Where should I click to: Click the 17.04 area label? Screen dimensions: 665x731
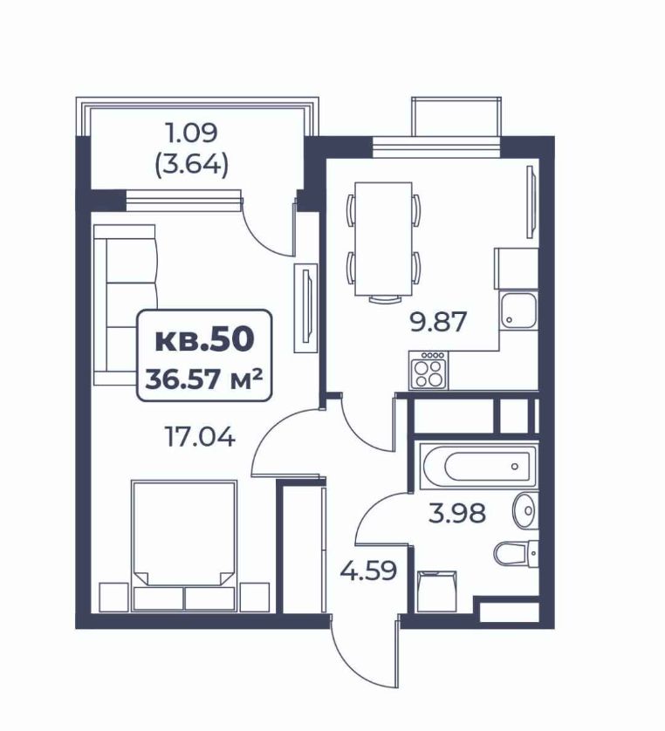tap(201, 437)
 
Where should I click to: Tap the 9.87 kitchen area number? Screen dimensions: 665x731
tap(438, 322)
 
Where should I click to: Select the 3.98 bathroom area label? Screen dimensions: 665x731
tap(457, 513)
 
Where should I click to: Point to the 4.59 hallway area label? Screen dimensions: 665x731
tap(368, 570)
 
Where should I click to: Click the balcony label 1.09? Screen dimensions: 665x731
tap(192, 133)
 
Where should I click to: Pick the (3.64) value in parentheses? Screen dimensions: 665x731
tap(192, 164)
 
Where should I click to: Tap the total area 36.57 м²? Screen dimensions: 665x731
tap(204, 379)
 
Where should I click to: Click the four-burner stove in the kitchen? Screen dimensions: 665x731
tap(428, 370)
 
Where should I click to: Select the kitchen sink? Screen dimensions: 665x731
tap(518, 309)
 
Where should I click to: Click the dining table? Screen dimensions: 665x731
tap(383, 239)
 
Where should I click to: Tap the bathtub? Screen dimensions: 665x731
tap(478, 466)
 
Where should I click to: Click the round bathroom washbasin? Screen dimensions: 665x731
tap(525, 510)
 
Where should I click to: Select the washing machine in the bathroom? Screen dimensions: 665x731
tap(436, 591)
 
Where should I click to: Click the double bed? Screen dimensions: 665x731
tap(184, 545)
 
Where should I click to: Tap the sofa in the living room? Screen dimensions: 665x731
tap(126, 305)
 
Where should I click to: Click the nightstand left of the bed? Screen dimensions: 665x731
tap(113, 597)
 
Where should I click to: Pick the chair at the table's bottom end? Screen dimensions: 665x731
tap(384, 299)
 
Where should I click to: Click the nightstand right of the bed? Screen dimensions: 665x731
tap(255, 597)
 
